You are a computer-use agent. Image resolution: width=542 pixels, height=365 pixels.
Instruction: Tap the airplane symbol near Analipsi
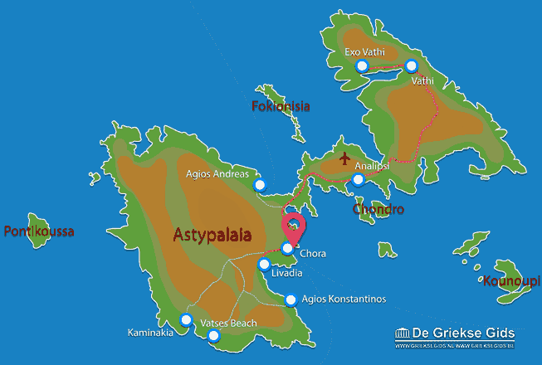click(x=344, y=157)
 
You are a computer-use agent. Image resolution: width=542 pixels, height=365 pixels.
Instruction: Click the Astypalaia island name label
click(x=213, y=235)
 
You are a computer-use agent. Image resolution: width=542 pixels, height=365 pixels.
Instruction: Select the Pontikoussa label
click(x=39, y=231)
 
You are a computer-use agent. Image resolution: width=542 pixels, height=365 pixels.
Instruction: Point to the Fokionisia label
click(x=281, y=106)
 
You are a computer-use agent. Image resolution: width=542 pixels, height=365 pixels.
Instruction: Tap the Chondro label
click(x=378, y=209)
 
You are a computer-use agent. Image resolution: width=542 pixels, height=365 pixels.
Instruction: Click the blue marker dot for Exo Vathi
click(x=361, y=66)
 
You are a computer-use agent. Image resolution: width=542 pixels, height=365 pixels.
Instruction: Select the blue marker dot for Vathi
click(x=411, y=66)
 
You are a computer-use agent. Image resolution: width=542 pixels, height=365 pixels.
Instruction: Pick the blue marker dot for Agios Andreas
click(x=260, y=185)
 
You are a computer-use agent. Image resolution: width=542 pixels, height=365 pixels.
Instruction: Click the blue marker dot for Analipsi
click(x=358, y=179)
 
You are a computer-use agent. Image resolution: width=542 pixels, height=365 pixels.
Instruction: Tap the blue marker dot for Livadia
click(x=264, y=265)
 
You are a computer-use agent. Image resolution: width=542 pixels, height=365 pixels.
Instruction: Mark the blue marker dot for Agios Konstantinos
click(x=291, y=300)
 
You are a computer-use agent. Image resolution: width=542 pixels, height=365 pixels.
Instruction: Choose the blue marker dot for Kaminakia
click(x=186, y=319)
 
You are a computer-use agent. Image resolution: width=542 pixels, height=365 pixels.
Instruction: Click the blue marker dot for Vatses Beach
click(x=214, y=336)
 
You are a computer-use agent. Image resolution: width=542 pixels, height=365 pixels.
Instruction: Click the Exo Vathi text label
click(x=364, y=52)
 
